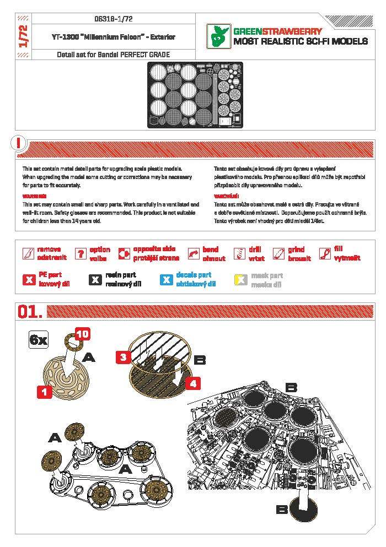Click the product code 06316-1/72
tap(114, 19)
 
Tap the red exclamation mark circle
tap(18, 143)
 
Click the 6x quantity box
tap(39, 340)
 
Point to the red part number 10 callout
tap(82, 334)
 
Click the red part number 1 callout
tap(44, 392)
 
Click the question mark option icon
tap(81, 253)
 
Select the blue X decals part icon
tap(166, 279)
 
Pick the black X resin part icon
tap(95, 279)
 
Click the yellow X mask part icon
tap(240, 279)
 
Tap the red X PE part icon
tap(29, 279)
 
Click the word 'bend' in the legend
tap(211, 250)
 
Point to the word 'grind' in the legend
tap(296, 250)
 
